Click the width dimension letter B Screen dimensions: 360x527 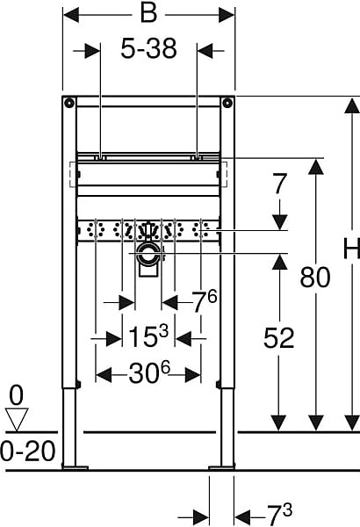[x=148, y=14]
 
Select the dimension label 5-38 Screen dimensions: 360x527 [x=148, y=48]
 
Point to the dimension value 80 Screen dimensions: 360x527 [x=315, y=278]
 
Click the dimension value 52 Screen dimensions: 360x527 [x=278, y=338]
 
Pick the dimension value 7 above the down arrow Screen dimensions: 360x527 [x=280, y=184]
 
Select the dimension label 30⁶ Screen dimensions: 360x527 [x=149, y=372]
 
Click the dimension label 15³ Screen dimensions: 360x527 [x=148, y=336]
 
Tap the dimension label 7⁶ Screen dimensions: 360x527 [x=205, y=300]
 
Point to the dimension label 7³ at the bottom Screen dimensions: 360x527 [x=280, y=514]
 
